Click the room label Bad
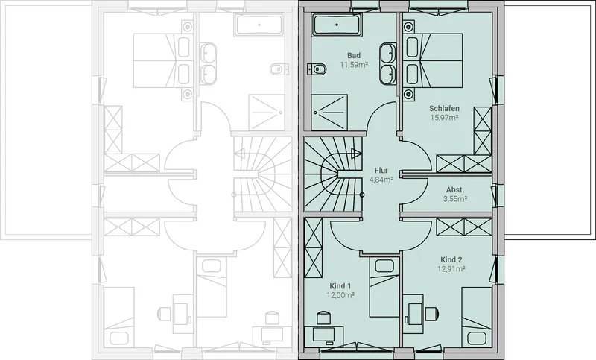point(353,55)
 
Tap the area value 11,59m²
point(353,65)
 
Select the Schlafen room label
point(444,108)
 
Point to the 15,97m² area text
point(444,118)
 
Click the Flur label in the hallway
point(381,170)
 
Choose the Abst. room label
point(455,189)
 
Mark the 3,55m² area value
point(455,198)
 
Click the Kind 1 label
point(340,286)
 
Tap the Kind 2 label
point(451,259)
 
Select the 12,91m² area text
point(451,269)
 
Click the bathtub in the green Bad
point(337,25)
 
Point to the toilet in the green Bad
point(317,69)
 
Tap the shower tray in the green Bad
point(329,113)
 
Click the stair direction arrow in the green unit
point(357,154)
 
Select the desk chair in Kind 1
point(323,318)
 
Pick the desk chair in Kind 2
point(432,314)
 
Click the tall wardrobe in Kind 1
point(313,248)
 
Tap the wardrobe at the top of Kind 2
point(464,227)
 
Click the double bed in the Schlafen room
point(434,60)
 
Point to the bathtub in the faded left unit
point(259,25)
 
